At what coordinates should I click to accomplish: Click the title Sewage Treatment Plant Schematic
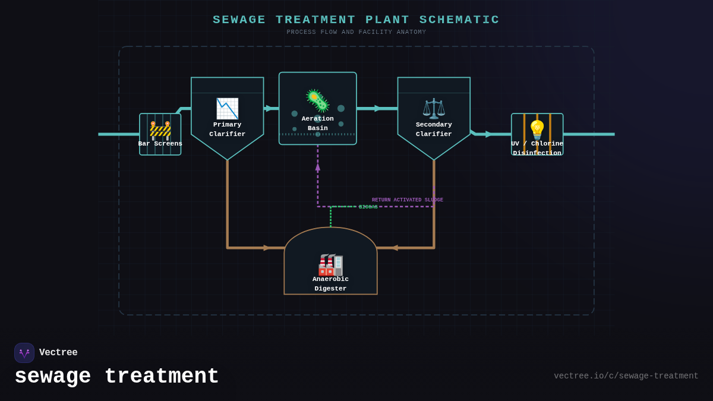(x=356, y=20)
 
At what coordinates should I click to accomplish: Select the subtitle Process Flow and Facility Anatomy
(x=356, y=33)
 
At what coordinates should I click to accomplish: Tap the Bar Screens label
(x=160, y=144)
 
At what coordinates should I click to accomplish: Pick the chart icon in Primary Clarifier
(x=227, y=109)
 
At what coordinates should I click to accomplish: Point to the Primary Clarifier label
(x=227, y=130)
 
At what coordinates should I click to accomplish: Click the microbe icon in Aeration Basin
(x=317, y=100)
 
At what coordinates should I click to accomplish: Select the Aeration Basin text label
(x=317, y=124)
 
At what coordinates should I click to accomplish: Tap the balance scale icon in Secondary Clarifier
(x=434, y=109)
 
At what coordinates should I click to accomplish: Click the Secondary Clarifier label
(x=434, y=130)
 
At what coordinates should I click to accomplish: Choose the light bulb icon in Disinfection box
(x=537, y=130)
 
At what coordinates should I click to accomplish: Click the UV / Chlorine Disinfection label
(x=537, y=149)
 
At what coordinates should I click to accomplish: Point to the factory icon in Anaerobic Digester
(x=330, y=265)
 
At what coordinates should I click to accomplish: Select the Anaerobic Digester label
(x=330, y=284)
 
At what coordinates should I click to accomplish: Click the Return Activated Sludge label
(x=408, y=200)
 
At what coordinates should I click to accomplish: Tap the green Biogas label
(x=368, y=207)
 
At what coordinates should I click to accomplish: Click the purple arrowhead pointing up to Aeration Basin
(x=318, y=167)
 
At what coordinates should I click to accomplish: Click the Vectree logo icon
(x=24, y=353)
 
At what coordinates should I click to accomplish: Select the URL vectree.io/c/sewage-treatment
(x=626, y=376)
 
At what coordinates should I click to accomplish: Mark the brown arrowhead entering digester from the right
(x=394, y=248)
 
